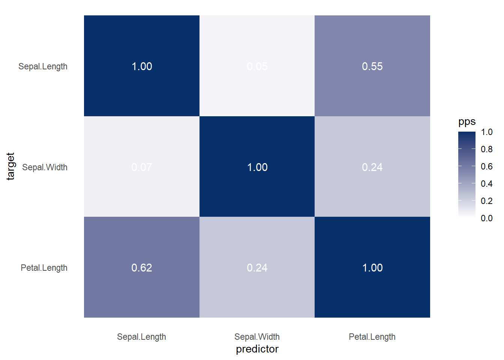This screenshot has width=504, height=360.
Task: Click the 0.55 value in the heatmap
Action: [x=372, y=66]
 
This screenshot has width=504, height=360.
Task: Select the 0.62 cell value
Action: [x=142, y=268]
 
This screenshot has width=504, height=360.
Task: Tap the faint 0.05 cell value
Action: [x=257, y=66]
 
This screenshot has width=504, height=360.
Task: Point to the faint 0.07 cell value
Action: [x=142, y=167]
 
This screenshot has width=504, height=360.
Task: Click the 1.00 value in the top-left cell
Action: [x=142, y=66]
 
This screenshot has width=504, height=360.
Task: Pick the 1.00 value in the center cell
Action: [x=257, y=167]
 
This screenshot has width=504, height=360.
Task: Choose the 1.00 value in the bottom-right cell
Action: [x=372, y=268]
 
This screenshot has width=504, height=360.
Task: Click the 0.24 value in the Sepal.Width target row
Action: [x=372, y=167]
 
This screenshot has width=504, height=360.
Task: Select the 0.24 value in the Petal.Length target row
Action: [x=257, y=268]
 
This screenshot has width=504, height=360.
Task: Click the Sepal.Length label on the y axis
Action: [x=43, y=67]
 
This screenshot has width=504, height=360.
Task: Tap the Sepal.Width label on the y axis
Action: [x=45, y=167]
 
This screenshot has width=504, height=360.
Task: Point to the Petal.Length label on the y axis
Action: [x=44, y=268]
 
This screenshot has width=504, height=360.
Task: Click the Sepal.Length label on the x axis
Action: [x=141, y=337]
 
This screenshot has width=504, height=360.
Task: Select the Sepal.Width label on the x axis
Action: [x=257, y=337]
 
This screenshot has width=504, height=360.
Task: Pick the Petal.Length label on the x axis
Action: [x=372, y=337]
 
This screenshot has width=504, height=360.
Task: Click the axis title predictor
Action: [x=257, y=349]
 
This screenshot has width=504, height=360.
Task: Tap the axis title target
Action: [x=10, y=166]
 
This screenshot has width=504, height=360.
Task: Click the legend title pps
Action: [x=467, y=122]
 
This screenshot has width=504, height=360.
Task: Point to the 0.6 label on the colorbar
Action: [x=486, y=166]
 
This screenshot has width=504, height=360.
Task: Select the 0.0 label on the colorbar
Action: [x=486, y=218]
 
